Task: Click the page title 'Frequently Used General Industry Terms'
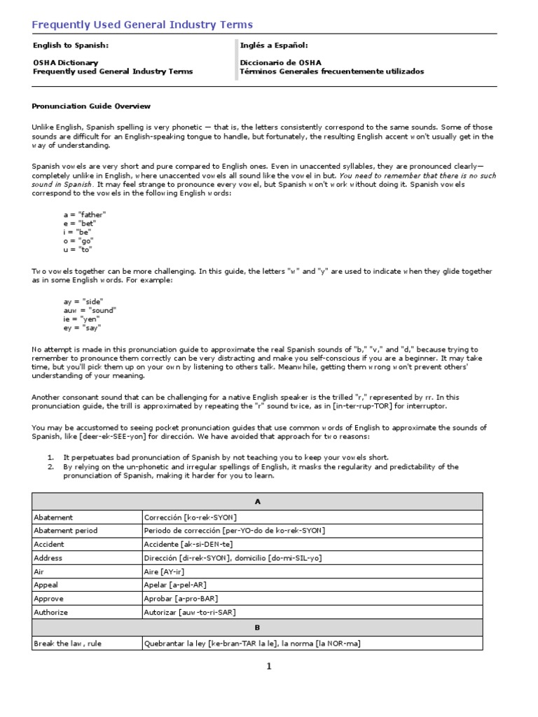tap(142, 25)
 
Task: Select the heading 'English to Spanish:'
tap(71, 45)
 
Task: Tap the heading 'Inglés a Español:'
tap(274, 45)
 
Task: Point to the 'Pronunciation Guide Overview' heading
tap(91, 106)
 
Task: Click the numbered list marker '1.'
tap(50, 457)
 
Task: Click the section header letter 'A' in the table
tap(257, 501)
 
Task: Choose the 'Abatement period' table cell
tap(66, 531)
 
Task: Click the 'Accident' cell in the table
tap(49, 544)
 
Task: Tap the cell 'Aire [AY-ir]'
tap(170, 571)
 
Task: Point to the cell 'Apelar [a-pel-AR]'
tap(175, 585)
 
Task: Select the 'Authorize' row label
tap(51, 612)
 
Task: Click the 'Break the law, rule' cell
tap(67, 643)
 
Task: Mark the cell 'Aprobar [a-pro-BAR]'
tap(179, 599)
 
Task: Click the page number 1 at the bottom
tap(268, 667)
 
